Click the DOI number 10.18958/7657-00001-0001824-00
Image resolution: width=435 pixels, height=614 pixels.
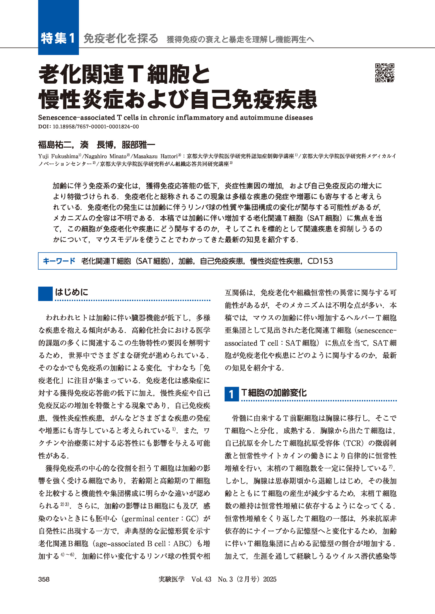[x=96, y=127]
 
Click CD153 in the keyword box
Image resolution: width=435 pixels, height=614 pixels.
[x=320, y=261]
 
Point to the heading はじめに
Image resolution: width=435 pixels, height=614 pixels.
[x=71, y=292]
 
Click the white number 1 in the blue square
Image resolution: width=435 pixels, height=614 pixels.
[x=231, y=394]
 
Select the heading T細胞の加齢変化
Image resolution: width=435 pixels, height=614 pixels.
[x=274, y=393]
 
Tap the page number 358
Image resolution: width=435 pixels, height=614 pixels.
[x=44, y=579]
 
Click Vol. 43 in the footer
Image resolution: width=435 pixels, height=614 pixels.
[x=201, y=579]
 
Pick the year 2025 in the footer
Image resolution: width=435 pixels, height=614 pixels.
[x=269, y=579]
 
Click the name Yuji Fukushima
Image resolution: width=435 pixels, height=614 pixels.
[x=58, y=156]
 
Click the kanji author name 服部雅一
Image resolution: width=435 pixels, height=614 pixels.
[x=138, y=145]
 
